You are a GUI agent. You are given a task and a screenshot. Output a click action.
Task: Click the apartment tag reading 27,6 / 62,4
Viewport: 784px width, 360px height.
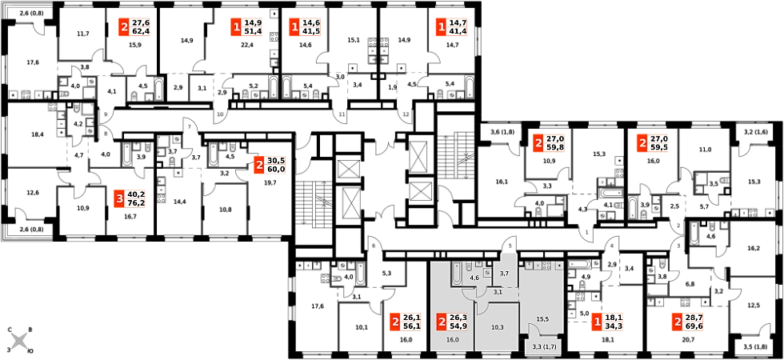133,27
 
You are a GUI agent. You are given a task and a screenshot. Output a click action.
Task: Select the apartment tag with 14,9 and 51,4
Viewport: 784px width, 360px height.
246,27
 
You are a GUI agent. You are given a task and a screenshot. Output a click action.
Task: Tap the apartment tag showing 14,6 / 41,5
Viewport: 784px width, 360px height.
304,27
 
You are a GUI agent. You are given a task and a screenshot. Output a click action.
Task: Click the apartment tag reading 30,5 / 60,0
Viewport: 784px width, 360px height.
269,166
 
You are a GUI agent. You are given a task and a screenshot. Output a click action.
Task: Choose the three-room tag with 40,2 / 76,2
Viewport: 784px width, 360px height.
129,198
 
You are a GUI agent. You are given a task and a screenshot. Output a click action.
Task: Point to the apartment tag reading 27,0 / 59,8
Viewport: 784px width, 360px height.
549,143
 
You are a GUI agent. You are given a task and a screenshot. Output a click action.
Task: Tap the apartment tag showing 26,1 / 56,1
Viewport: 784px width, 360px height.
405,322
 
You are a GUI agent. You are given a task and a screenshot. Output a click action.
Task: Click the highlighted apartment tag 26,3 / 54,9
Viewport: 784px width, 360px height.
452,322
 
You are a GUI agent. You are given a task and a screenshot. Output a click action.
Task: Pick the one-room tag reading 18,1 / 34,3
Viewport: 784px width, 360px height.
607,322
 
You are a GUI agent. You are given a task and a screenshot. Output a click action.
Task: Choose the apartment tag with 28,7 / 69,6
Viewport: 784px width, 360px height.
689,322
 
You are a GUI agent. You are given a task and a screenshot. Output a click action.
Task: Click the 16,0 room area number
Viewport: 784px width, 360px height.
453,340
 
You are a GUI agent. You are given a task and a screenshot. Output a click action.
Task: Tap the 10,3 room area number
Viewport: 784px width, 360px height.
497,327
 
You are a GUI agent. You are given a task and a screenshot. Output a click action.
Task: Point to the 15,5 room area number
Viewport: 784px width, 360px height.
542,319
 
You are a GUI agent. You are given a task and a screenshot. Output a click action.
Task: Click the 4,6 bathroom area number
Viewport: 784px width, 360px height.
474,278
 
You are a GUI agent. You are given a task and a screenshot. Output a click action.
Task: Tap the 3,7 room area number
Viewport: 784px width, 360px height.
504,274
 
